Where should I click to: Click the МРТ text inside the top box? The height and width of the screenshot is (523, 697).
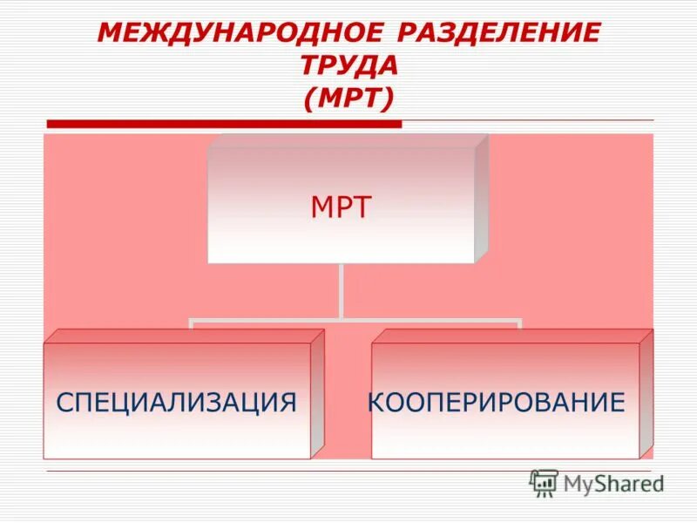coord(342,208)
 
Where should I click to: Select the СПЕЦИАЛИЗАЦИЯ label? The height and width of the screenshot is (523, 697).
coord(177,402)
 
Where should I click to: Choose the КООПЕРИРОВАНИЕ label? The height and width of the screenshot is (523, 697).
coord(497,402)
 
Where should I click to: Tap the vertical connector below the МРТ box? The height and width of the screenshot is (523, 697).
coord(342,290)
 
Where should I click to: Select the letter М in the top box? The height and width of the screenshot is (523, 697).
coord(321,208)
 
